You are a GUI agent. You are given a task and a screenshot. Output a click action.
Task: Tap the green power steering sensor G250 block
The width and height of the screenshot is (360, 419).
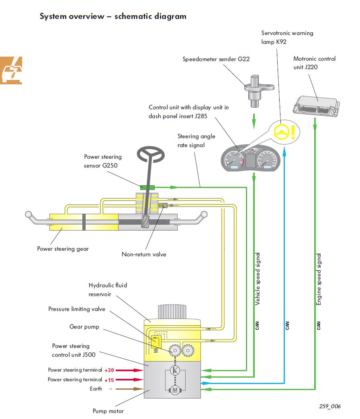(147, 187)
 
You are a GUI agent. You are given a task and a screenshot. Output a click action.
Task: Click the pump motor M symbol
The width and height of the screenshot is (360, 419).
(174, 389)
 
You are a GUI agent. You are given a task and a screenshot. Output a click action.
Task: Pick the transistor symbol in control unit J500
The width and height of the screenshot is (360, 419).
(175, 370)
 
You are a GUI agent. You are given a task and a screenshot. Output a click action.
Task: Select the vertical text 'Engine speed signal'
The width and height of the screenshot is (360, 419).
(319, 279)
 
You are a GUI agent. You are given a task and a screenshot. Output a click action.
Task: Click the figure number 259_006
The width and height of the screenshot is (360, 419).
(330, 406)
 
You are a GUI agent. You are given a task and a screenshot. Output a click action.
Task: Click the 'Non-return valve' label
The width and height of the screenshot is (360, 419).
(144, 254)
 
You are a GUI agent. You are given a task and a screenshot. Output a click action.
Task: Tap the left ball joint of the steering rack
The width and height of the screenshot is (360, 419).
(29, 214)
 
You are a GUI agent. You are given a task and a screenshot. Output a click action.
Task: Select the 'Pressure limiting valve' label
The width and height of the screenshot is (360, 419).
(77, 309)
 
